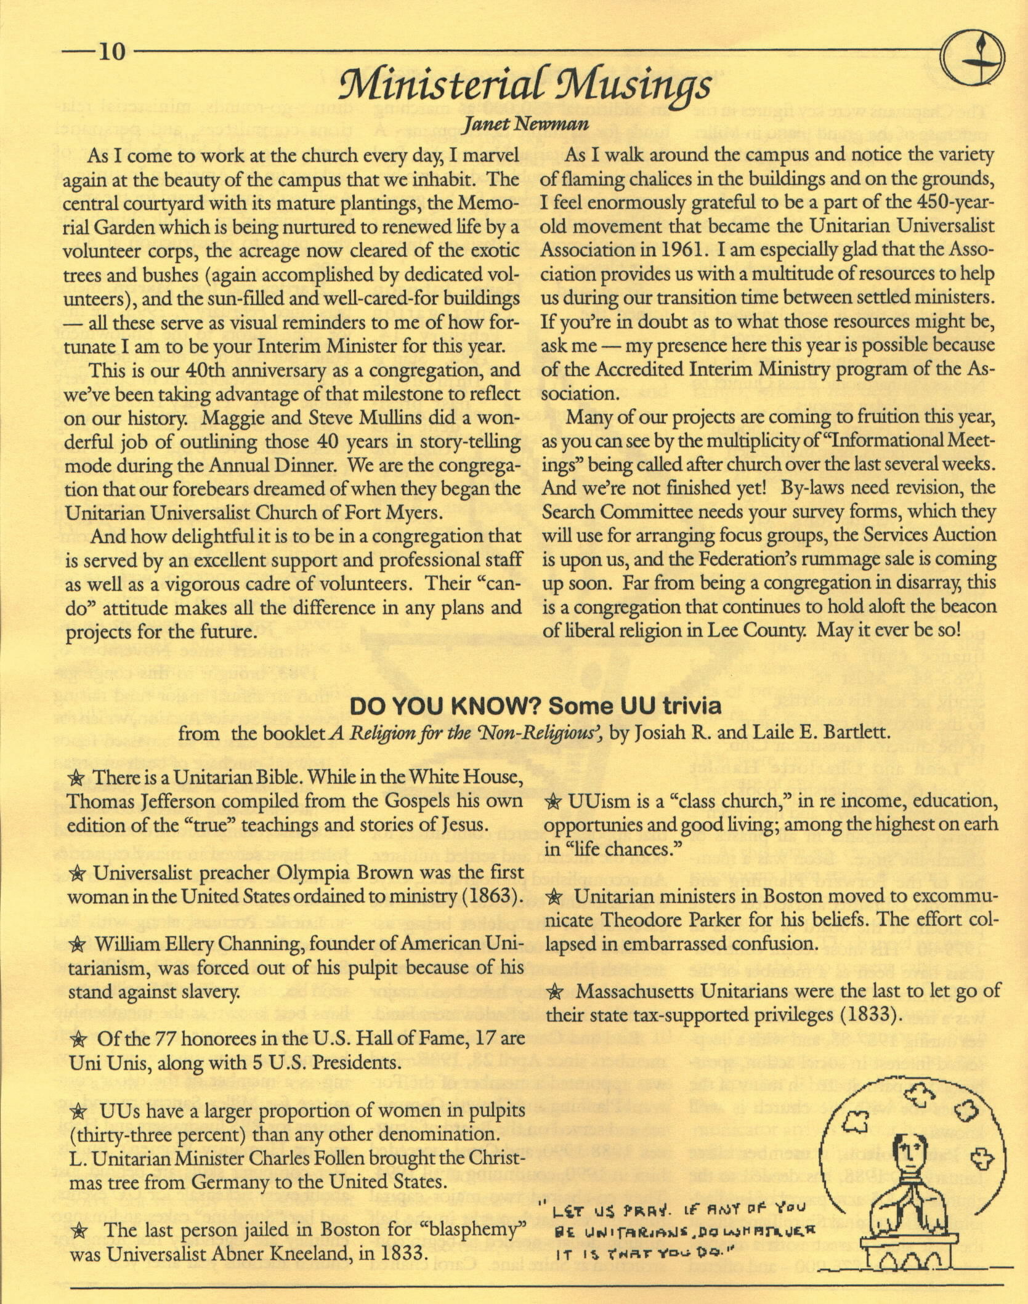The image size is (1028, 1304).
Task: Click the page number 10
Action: click(x=111, y=52)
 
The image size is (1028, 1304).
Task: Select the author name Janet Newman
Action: click(x=526, y=124)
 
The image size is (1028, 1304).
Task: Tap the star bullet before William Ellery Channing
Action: click(x=78, y=944)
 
